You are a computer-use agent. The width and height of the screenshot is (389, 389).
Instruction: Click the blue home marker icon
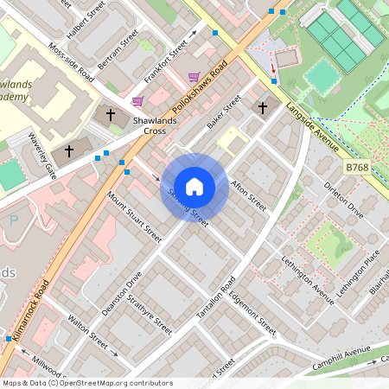(x=194, y=186)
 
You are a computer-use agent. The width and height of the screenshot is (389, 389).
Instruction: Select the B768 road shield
(x=356, y=167)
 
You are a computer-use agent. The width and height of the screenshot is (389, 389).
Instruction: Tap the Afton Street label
(x=250, y=192)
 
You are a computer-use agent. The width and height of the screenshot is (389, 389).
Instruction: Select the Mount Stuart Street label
(x=134, y=216)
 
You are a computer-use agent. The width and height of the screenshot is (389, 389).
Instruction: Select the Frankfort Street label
(x=166, y=62)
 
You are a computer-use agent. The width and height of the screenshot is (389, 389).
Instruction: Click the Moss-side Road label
(x=72, y=62)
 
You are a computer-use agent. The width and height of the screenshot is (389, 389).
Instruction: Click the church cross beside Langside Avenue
(x=263, y=107)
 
